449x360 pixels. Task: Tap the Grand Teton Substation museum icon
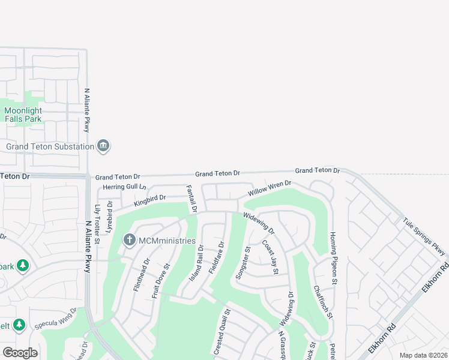click(x=104, y=146)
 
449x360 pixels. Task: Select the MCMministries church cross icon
click(x=129, y=241)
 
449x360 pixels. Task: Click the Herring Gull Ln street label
click(x=124, y=187)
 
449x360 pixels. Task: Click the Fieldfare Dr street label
click(x=216, y=258)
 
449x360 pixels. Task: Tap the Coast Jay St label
click(x=270, y=257)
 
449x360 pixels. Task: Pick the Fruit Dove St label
click(x=161, y=280)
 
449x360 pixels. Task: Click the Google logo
click(x=20, y=353)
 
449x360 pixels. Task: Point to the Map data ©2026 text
click(x=423, y=355)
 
